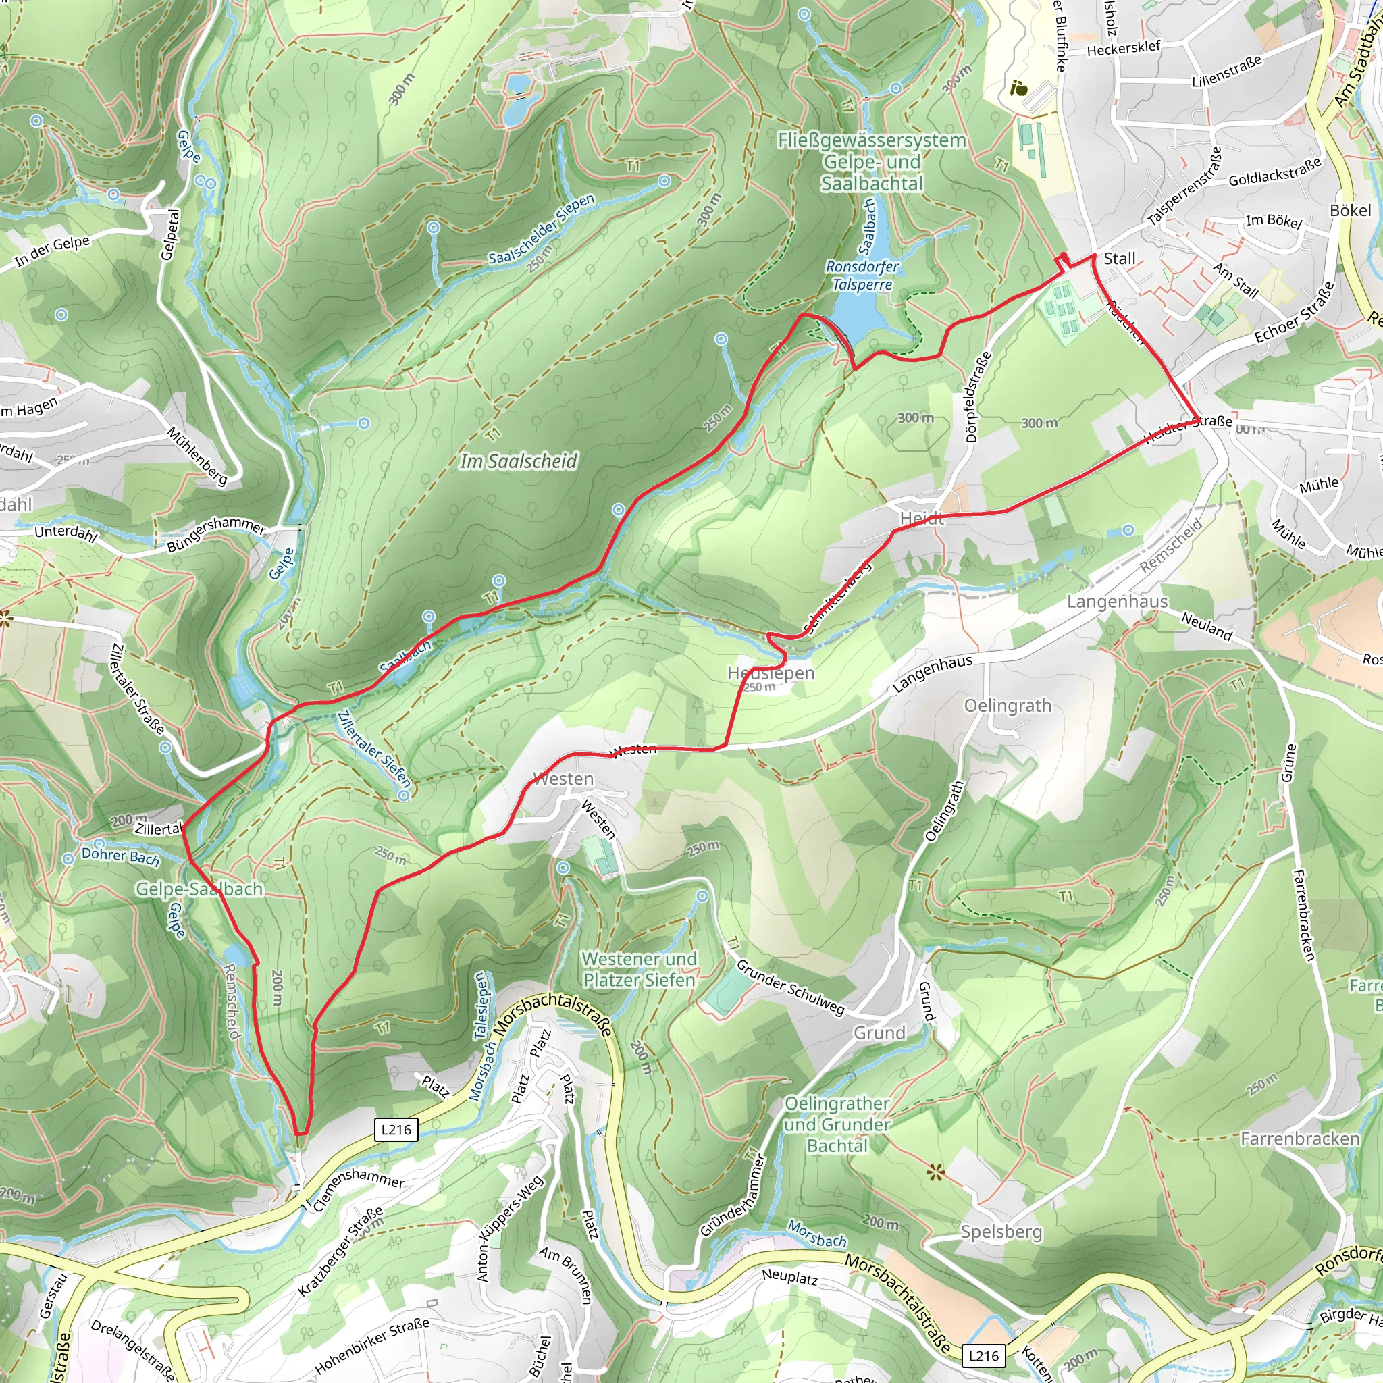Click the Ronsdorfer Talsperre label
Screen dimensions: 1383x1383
862,276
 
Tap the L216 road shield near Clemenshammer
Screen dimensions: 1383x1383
396,1130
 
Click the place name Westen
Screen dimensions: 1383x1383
563,779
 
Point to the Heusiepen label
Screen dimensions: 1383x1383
771,673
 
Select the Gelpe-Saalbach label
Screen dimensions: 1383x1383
200,889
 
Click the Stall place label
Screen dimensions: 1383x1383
1120,259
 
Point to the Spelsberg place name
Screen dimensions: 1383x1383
1001,1232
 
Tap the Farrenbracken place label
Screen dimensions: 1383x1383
1300,1138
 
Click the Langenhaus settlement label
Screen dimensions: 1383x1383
1118,601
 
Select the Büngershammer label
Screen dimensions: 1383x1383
216,535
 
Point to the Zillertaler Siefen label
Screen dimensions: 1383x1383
373,748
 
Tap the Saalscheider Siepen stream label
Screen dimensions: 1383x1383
541,229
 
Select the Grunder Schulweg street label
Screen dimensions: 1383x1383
790,988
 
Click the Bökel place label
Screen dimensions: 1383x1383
1350,211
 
